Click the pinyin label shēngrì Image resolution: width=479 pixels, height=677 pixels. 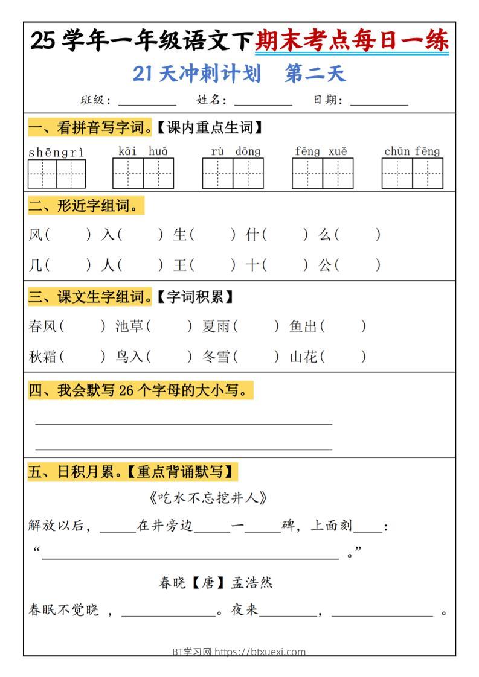coord(56,152)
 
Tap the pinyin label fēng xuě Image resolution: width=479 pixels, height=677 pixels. coord(321,151)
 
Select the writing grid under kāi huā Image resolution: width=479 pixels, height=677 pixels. coord(143,173)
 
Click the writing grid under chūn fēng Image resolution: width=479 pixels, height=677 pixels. coord(412,173)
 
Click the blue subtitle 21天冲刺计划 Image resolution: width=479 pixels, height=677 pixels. coord(197,74)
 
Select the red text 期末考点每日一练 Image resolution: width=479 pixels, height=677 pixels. coord(352,41)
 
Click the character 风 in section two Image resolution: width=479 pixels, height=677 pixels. coord(36,234)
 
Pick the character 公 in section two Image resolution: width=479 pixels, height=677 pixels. coord(326,264)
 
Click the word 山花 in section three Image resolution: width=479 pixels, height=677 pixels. coord(303,357)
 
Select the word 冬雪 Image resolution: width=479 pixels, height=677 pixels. coord(216,357)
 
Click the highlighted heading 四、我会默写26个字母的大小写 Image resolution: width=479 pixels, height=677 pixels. coord(140,391)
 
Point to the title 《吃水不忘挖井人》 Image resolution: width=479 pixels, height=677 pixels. coord(207,498)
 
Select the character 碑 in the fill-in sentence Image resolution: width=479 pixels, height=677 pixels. coord(289,526)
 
